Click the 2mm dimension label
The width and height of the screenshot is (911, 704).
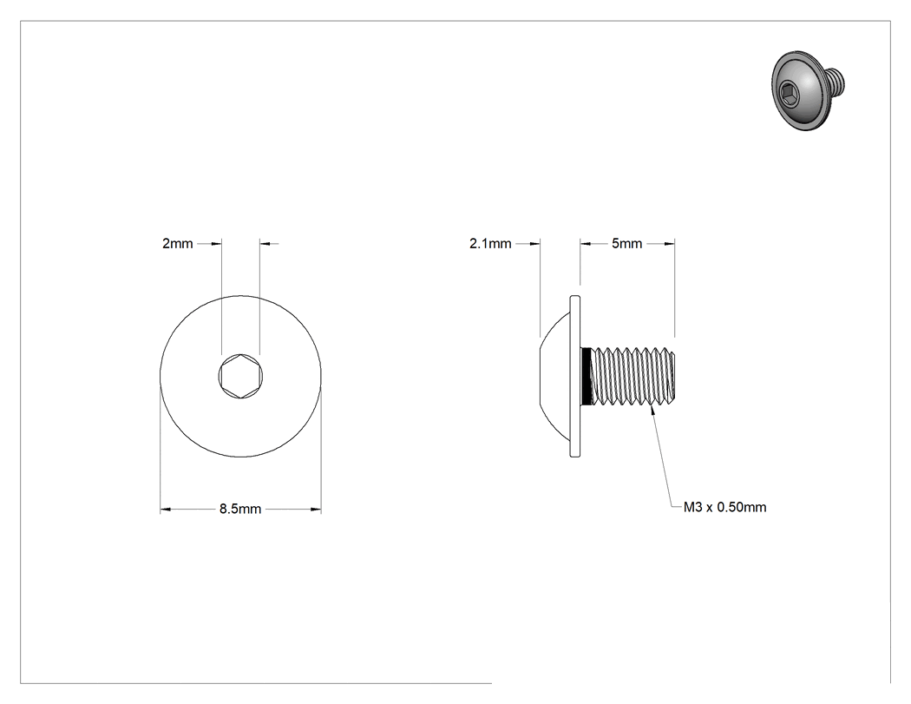(x=177, y=244)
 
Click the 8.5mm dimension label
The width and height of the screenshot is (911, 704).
(x=240, y=510)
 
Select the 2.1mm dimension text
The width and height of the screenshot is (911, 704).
(x=490, y=244)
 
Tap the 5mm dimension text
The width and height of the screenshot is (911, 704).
(x=627, y=244)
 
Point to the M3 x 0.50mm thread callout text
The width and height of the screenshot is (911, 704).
(x=724, y=507)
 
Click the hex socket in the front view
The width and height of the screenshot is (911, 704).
(x=240, y=376)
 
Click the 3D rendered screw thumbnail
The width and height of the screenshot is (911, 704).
(x=807, y=89)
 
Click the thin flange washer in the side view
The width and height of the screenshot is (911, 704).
(x=575, y=376)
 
